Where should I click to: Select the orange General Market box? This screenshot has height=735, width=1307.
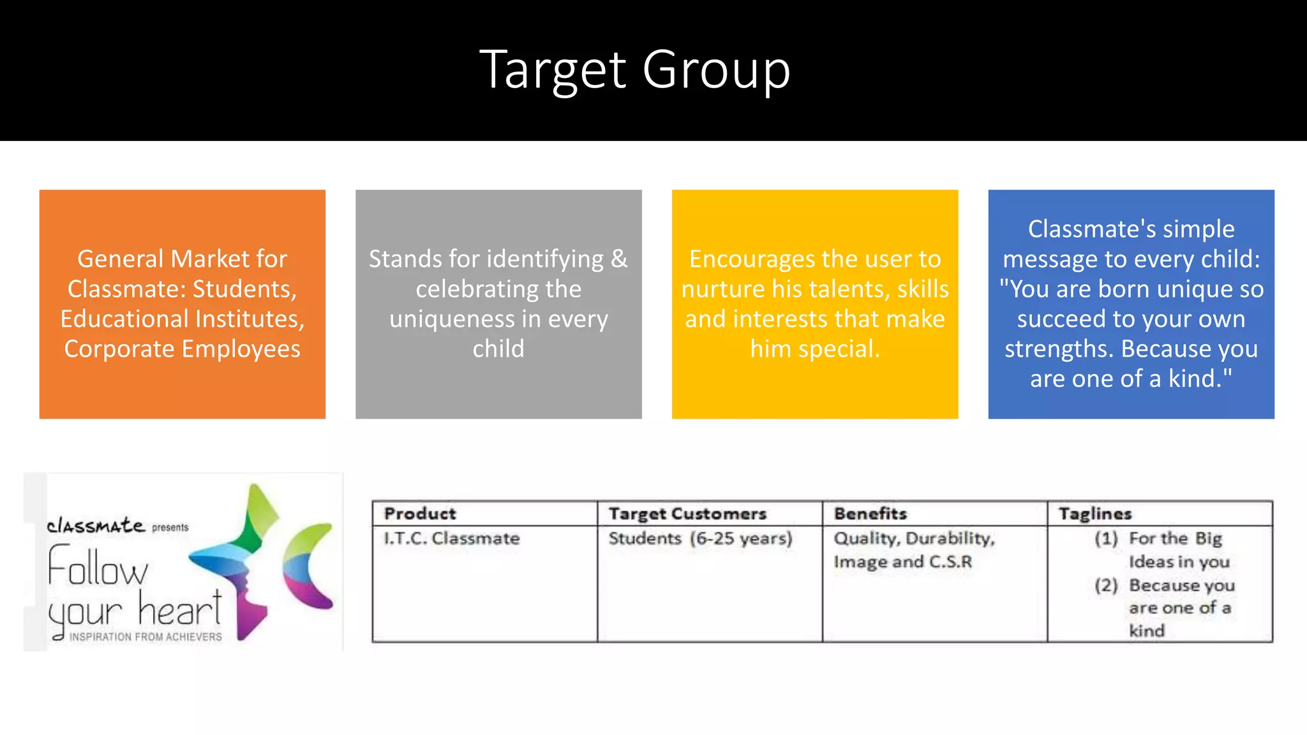point(183,304)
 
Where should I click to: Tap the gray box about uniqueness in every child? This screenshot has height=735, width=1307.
point(498,304)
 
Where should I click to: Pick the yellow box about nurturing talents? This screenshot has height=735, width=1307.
point(815,304)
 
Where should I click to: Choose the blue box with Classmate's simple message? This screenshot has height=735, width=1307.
point(1131,304)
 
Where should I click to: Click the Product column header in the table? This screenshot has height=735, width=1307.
point(420,514)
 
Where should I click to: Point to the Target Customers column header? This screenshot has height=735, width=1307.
point(687,514)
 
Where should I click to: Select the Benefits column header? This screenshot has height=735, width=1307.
point(870,514)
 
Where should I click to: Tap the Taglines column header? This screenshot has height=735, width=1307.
point(1095,514)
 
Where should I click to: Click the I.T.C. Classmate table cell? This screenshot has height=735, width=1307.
point(452,538)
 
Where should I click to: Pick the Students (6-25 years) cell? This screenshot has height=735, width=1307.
point(700,538)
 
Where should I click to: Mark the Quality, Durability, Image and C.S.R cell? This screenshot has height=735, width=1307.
point(914,550)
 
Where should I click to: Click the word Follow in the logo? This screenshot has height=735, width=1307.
point(98,567)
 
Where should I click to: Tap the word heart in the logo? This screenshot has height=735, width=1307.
point(180,609)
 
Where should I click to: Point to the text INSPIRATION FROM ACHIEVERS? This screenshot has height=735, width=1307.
point(146,637)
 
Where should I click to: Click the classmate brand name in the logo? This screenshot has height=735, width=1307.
point(96,526)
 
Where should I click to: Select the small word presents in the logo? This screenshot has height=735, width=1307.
point(170,528)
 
